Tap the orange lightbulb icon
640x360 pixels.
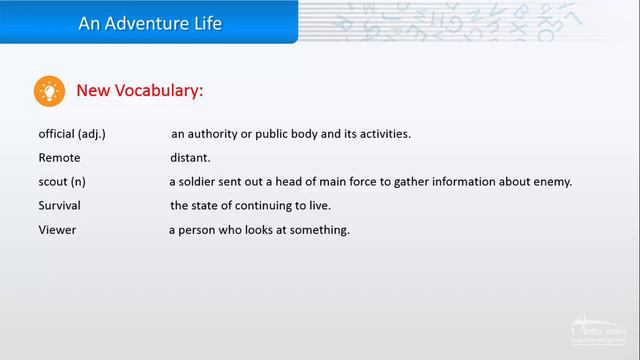point(49,91)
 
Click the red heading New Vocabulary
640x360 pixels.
point(140,91)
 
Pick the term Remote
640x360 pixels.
point(59,158)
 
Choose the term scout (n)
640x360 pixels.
point(62,182)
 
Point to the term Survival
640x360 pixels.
point(60,206)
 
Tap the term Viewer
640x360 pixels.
point(57,230)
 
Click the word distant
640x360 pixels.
point(190,158)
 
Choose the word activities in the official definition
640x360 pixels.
point(382,133)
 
